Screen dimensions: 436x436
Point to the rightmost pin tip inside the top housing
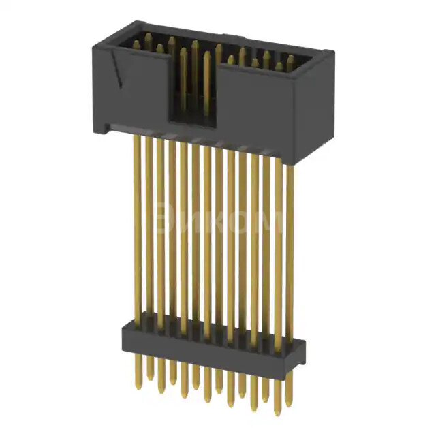290,60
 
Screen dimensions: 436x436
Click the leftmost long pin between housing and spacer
137,225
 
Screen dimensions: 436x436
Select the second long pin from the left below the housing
149,228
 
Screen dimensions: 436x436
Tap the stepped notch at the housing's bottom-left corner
104,127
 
